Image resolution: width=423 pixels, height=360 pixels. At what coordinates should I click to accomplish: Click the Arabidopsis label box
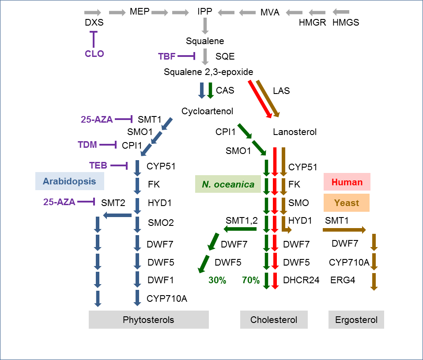(69, 181)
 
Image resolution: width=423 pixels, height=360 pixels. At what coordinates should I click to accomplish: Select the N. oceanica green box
(228, 184)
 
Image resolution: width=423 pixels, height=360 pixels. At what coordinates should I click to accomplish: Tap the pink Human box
(347, 182)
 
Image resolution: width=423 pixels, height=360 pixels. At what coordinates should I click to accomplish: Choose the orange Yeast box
(346, 203)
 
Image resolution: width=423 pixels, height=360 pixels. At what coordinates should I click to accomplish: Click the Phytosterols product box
(148, 320)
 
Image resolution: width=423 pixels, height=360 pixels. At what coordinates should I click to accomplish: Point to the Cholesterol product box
(273, 320)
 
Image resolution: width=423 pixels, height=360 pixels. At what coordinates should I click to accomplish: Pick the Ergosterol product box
(356, 320)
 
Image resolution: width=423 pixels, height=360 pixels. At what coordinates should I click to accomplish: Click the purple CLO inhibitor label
(94, 54)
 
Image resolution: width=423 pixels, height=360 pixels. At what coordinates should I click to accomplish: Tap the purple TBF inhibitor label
(167, 56)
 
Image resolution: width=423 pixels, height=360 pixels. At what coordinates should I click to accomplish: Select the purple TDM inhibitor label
(87, 145)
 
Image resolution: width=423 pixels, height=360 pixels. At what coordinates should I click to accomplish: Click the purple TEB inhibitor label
(98, 165)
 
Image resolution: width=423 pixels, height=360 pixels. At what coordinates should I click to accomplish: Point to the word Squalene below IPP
(205, 41)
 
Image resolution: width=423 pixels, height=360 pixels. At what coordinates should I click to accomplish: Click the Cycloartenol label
(207, 111)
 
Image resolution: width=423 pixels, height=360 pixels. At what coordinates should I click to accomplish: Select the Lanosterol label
(295, 131)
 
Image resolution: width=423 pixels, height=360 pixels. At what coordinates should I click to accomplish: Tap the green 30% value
(217, 280)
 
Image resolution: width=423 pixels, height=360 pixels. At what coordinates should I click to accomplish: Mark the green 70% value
(250, 280)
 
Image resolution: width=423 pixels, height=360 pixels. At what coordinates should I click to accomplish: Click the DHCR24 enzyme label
(302, 280)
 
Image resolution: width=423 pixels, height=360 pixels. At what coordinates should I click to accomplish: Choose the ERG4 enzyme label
(343, 280)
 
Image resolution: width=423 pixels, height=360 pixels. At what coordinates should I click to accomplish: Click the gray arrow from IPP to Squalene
(205, 26)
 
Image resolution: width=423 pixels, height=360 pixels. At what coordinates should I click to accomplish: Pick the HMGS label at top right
(346, 22)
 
